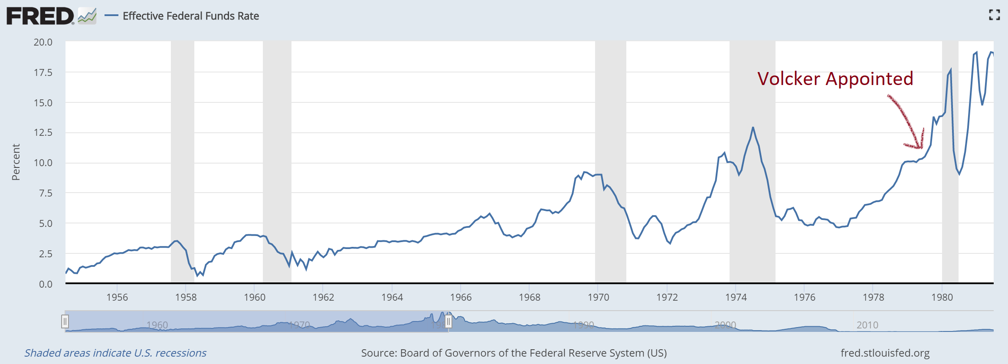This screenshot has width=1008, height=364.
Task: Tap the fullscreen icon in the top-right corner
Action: pyautogui.click(x=995, y=15)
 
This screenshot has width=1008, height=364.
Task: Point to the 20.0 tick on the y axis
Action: pyautogui.click(x=43, y=42)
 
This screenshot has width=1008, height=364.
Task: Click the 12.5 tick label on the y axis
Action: pyautogui.click(x=43, y=132)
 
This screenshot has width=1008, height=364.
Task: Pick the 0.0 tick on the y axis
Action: pyautogui.click(x=46, y=284)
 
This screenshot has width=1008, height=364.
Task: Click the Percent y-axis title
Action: pyautogui.click(x=16, y=162)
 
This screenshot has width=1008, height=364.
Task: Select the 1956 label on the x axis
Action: pyautogui.click(x=117, y=297)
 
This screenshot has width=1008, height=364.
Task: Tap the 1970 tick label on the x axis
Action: pyautogui.click(x=598, y=297)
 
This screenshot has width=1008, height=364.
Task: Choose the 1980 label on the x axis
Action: pyautogui.click(x=942, y=297)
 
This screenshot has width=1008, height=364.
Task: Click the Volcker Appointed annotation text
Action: pyautogui.click(x=835, y=79)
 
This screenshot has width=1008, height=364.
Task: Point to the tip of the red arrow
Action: pyautogui.click(x=920, y=148)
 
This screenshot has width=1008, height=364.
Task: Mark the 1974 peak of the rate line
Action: pyautogui.click(x=753, y=128)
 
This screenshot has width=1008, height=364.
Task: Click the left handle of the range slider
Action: pyautogui.click(x=65, y=321)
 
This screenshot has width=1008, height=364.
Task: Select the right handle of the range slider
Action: pyautogui.click(x=448, y=321)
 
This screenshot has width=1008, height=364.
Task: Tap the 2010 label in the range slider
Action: pyautogui.click(x=867, y=325)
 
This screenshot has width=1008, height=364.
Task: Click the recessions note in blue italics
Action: pyautogui.click(x=115, y=353)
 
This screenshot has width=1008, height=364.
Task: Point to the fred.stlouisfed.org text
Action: pyautogui.click(x=885, y=353)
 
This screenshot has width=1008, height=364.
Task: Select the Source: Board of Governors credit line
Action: pyautogui.click(x=514, y=353)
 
